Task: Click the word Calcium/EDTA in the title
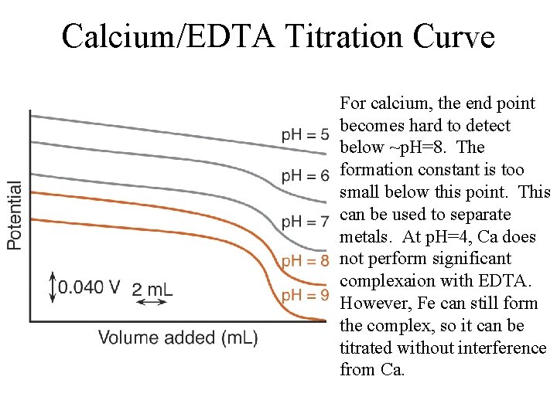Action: point(168,36)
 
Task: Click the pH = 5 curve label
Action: point(305,135)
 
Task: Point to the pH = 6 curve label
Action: point(305,176)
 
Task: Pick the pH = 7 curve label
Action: point(305,222)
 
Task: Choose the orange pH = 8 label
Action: point(305,260)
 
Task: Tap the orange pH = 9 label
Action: point(305,296)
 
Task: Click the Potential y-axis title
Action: point(15,215)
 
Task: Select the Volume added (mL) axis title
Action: point(178,337)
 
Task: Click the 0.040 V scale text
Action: point(89,287)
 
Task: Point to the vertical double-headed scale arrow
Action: point(52,286)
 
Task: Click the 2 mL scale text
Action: point(152,289)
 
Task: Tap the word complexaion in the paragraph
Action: point(382,280)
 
